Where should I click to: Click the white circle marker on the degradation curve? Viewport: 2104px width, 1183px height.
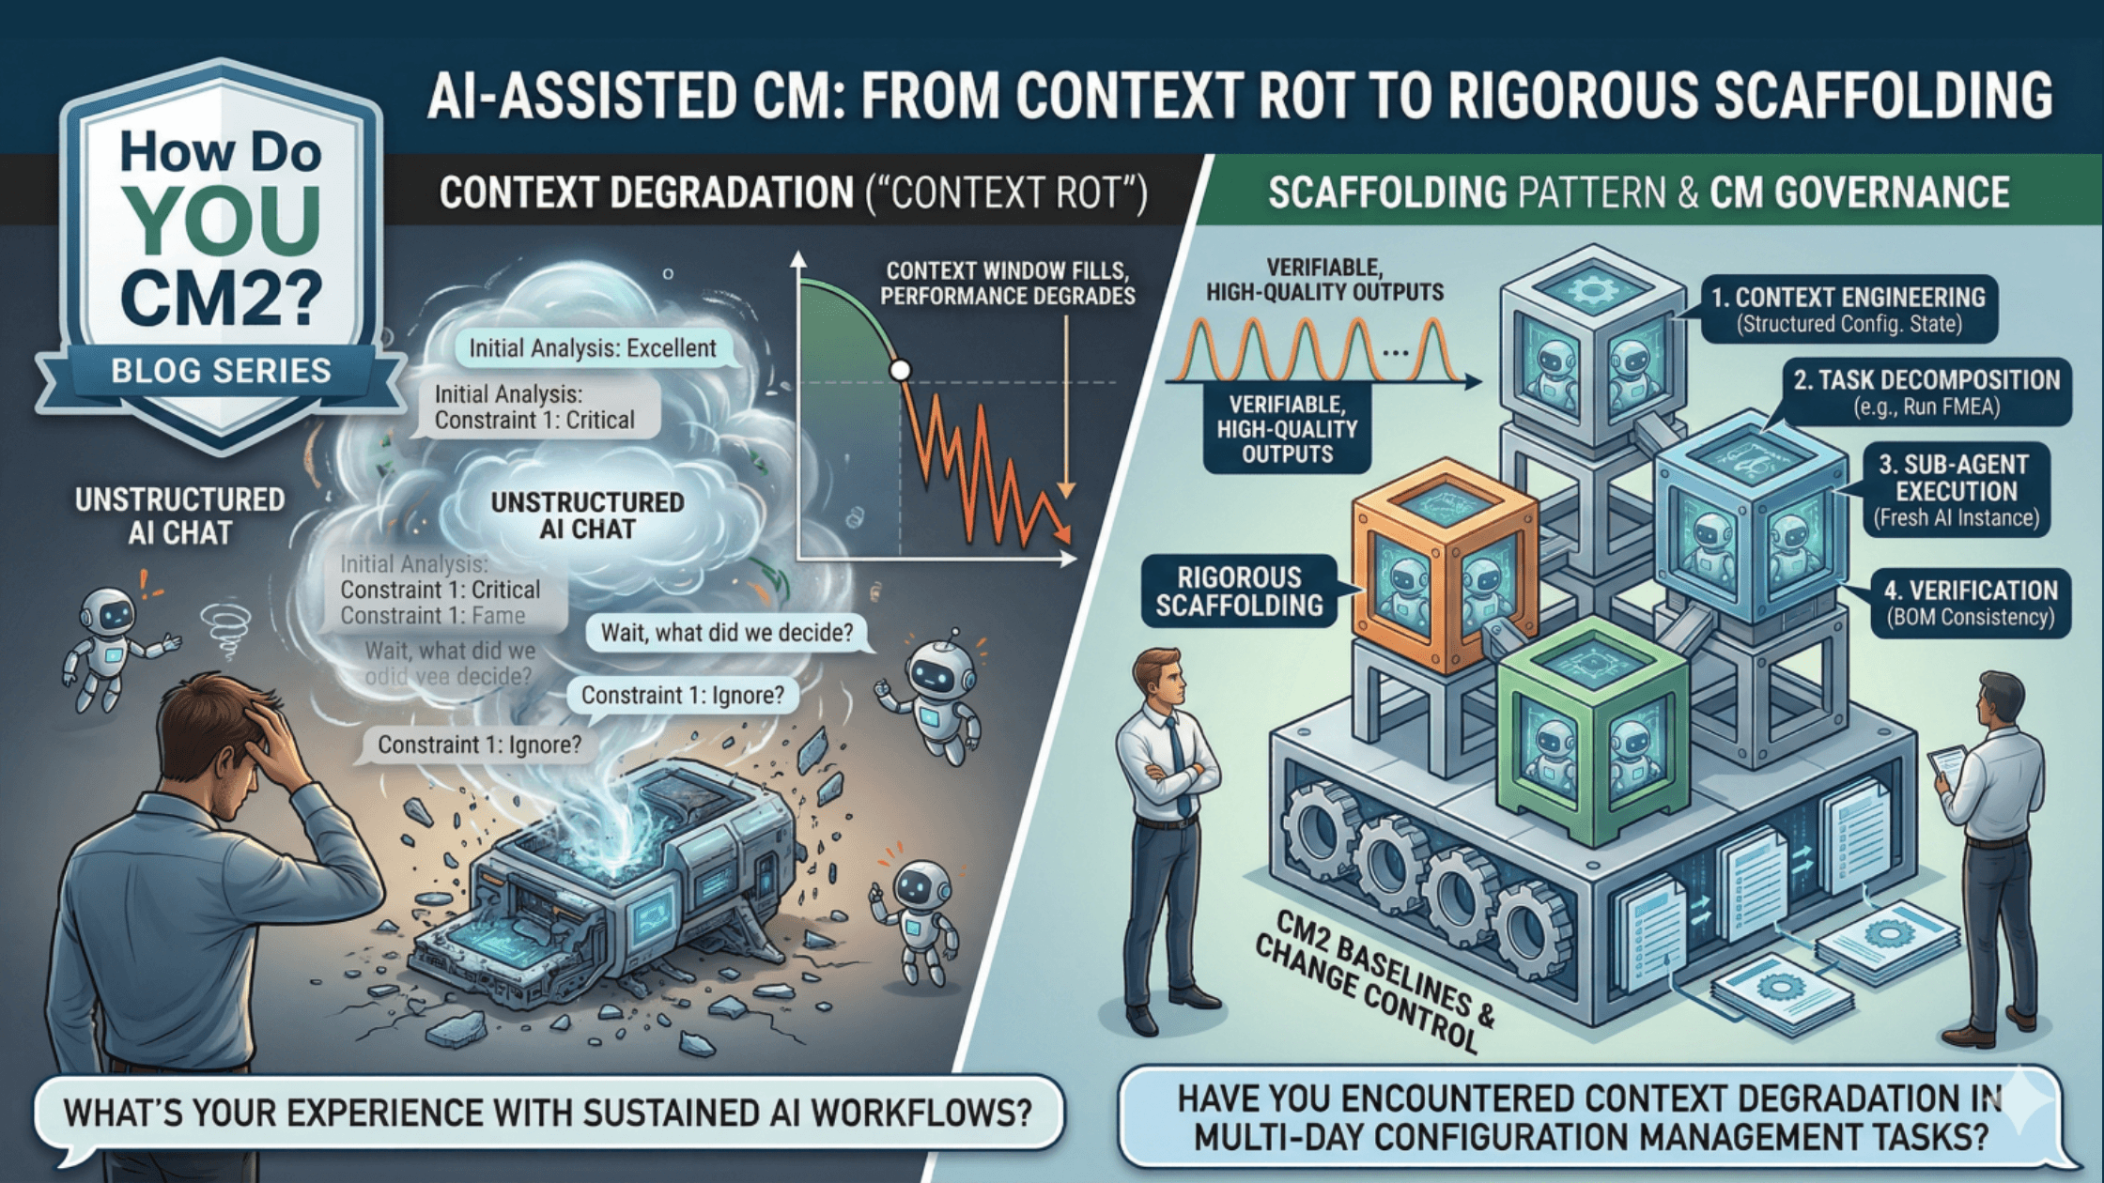coord(900,370)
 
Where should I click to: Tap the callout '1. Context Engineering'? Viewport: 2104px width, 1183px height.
coord(1848,309)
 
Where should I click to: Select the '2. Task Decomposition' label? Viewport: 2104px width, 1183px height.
coord(1926,392)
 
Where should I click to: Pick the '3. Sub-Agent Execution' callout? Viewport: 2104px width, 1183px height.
coord(1957,489)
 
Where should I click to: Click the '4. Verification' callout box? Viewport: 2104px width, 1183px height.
coord(1970,602)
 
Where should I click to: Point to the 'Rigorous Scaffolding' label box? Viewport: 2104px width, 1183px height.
coord(1239,591)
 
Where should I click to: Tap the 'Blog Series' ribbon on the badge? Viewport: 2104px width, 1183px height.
coord(221,371)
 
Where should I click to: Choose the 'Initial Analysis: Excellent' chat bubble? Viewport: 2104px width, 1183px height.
coord(592,348)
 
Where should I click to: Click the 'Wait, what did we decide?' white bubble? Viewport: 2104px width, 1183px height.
coord(726,632)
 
